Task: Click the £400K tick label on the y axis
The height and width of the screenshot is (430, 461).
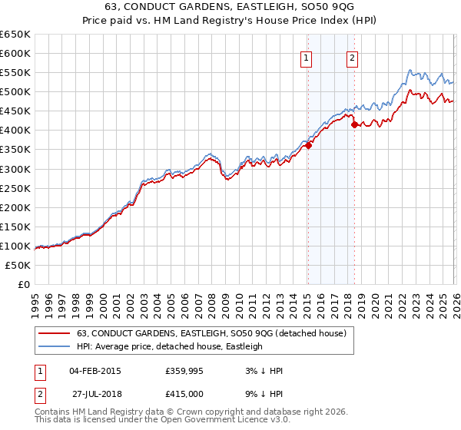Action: coord(15,130)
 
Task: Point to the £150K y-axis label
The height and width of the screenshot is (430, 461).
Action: coord(15,227)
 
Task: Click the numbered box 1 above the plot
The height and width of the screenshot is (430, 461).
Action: coord(307,58)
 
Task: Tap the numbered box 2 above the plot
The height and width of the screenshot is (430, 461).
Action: coord(353,58)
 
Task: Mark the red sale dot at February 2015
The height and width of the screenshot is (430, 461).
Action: coord(308,145)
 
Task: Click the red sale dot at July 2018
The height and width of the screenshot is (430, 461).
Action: coord(354,124)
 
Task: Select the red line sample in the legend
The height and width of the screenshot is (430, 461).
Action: coord(54,333)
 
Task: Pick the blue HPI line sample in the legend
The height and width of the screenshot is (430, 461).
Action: coord(54,346)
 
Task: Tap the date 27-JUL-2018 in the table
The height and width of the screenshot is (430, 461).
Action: coord(95,393)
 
